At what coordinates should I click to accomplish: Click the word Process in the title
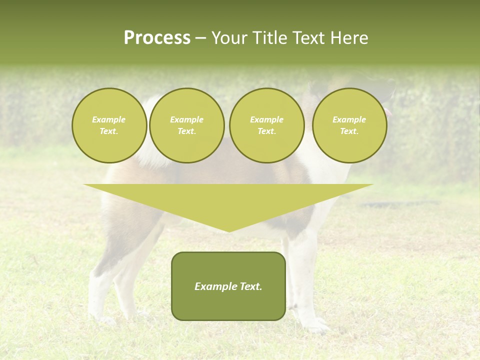click(x=157, y=38)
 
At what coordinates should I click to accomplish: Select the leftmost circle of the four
click(x=109, y=125)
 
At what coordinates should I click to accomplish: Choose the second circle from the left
click(x=186, y=125)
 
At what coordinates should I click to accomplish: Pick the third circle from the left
click(x=266, y=125)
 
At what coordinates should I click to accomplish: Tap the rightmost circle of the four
click(x=349, y=125)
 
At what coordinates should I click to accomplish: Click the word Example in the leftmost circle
click(x=109, y=120)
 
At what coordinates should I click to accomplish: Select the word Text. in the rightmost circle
click(x=349, y=131)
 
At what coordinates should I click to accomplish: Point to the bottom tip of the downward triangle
click(x=228, y=231)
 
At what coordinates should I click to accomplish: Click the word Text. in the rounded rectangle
click(x=251, y=286)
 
